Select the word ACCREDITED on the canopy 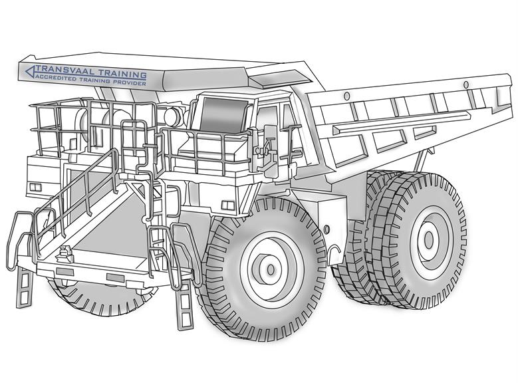[x=56, y=78]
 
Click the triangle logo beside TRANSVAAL [x=30, y=71]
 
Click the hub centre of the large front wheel [x=271, y=269]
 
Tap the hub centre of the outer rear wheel [x=429, y=239]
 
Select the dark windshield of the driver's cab [x=223, y=115]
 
